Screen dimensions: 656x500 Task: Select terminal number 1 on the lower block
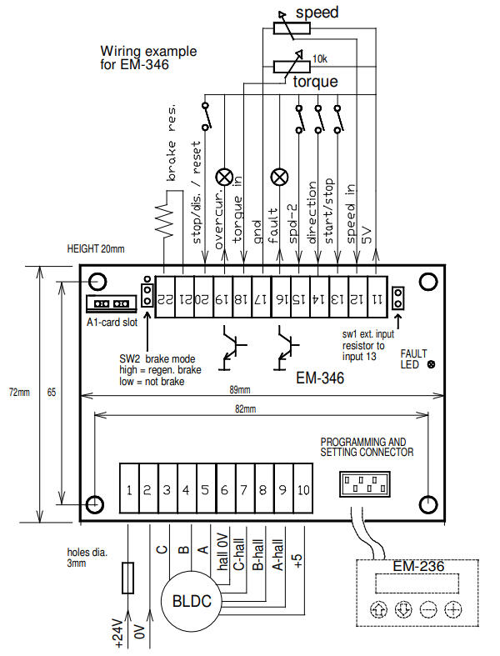tap(129, 490)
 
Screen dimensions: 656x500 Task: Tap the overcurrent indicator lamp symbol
tap(224, 178)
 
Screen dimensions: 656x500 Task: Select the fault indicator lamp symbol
tap(281, 178)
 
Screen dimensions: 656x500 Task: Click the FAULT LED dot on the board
tap(431, 364)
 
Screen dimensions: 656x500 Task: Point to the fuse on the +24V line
tap(127, 576)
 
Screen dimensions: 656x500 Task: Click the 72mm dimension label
tap(17, 391)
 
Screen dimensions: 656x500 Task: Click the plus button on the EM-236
tap(452, 609)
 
